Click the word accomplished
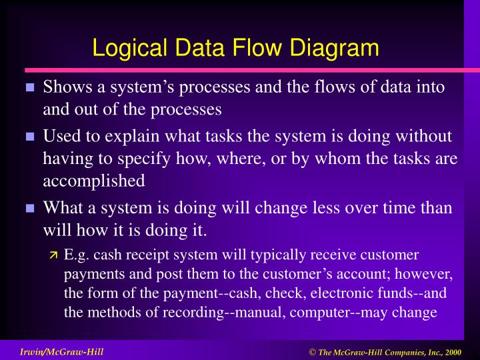(x=93, y=181)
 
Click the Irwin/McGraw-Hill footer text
(x=61, y=351)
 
